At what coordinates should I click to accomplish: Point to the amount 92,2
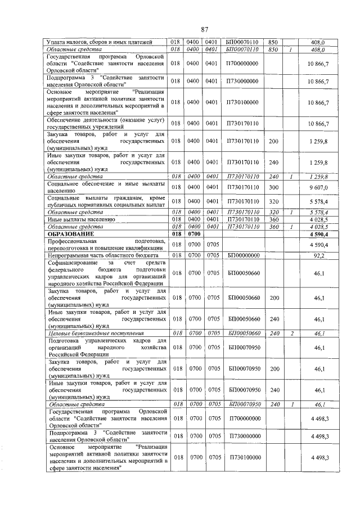318,255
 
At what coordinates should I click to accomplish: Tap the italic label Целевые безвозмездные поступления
95,333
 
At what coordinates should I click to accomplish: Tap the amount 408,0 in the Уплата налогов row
318,42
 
